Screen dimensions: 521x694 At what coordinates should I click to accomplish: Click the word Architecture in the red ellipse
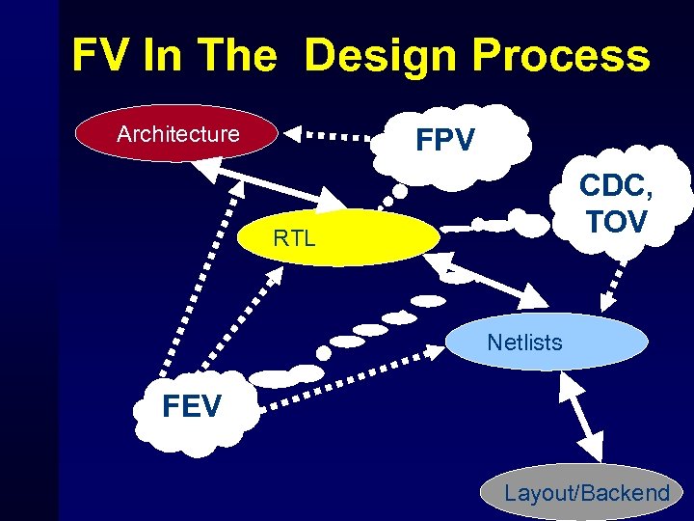177,134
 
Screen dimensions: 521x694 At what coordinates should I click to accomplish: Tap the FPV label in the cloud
444,142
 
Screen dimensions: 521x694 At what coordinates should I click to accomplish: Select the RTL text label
294,238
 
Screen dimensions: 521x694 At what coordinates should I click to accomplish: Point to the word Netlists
524,342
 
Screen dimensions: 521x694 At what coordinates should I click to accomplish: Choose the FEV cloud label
192,406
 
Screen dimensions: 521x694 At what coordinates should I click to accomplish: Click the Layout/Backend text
586,493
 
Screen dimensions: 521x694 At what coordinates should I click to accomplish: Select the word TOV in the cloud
616,222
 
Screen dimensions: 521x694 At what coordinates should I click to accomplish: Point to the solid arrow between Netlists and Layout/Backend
579,414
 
